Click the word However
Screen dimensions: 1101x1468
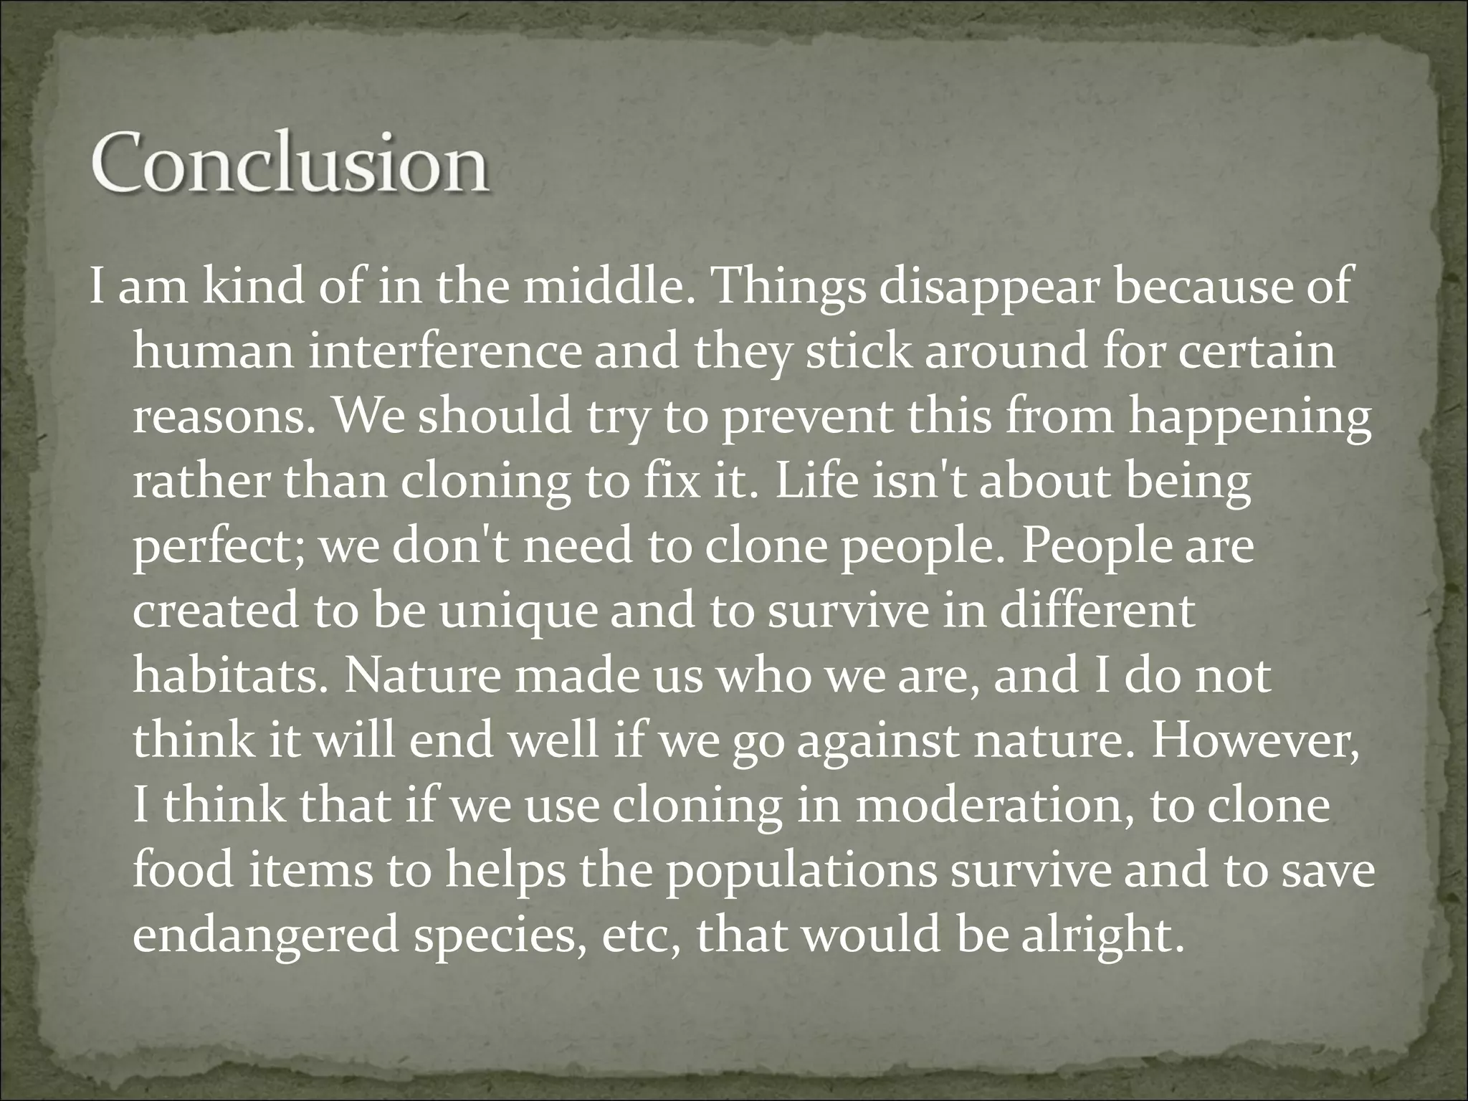(1254, 740)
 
